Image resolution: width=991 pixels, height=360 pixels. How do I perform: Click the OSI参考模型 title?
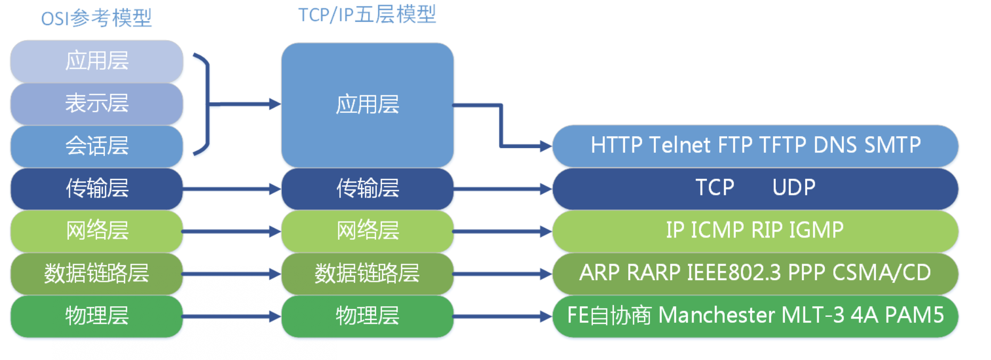point(96,19)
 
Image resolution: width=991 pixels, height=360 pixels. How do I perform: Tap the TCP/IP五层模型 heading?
point(367,14)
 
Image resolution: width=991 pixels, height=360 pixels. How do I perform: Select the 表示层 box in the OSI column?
point(97,103)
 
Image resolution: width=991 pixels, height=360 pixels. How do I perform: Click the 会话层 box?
point(97,146)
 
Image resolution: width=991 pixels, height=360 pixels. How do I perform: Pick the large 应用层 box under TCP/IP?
point(368,105)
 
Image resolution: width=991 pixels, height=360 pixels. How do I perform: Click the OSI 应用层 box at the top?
point(97,61)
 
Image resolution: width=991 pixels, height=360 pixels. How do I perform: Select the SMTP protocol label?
point(892,145)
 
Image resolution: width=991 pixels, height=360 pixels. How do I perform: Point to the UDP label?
point(794,187)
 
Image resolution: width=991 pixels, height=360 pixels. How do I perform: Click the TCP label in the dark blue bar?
point(715,187)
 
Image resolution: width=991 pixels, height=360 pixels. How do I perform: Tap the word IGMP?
point(816,230)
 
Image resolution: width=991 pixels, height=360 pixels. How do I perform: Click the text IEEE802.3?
point(734,273)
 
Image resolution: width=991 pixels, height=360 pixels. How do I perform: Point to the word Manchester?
point(716,315)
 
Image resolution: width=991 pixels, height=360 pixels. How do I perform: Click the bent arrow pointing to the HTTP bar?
point(501,125)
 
